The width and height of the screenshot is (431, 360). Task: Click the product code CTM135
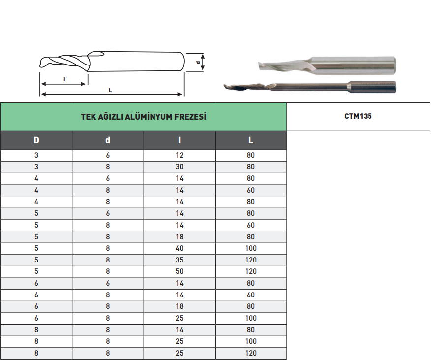(358, 116)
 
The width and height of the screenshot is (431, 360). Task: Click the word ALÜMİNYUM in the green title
(149, 117)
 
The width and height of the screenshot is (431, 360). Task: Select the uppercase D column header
(36, 140)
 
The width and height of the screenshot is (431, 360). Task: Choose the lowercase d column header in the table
(108, 140)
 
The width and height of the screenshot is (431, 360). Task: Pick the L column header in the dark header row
(251, 140)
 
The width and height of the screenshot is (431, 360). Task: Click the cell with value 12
(180, 155)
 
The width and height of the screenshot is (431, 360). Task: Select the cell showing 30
(180, 167)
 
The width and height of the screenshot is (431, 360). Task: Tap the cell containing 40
(180, 248)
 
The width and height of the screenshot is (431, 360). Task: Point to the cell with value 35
(180, 260)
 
